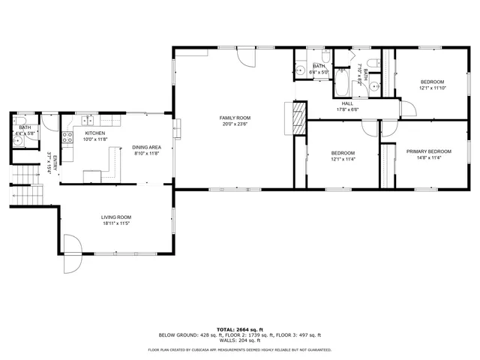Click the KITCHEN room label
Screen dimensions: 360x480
(x=94, y=133)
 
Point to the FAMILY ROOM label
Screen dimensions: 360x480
(x=235, y=118)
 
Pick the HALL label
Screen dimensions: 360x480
(x=347, y=103)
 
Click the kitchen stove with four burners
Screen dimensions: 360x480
(x=67, y=137)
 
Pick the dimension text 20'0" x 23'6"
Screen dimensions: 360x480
(x=235, y=124)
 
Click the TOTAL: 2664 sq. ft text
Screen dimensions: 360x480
(x=239, y=329)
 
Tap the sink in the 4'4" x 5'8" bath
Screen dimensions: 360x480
(x=19, y=124)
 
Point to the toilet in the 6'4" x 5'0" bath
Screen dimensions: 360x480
(x=326, y=57)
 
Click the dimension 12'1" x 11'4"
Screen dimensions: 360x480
(x=343, y=158)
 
